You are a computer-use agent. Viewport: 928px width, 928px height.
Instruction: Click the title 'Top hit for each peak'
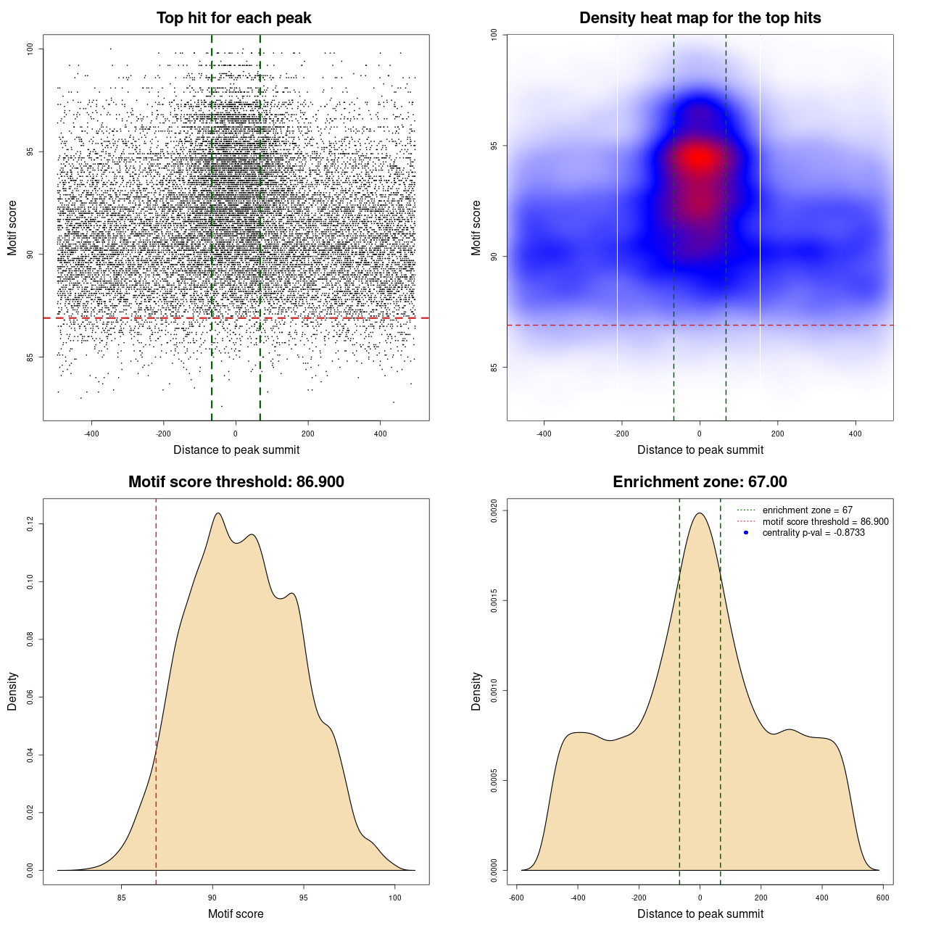[x=233, y=18]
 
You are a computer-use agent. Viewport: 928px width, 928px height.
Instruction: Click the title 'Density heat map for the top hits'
[x=700, y=18]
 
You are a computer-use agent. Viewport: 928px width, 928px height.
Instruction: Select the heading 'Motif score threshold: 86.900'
[x=236, y=482]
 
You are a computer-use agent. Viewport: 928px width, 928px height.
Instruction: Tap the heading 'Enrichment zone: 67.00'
[x=700, y=482]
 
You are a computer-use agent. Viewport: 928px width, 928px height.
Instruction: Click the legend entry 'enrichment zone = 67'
[x=807, y=510]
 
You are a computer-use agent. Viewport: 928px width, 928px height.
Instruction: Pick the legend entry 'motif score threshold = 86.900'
[x=825, y=521]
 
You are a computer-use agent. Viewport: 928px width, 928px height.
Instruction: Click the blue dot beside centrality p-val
[x=746, y=533]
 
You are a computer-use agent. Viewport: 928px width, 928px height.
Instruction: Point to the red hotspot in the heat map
[x=697, y=157]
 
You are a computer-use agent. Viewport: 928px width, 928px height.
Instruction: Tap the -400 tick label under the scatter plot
[x=91, y=434]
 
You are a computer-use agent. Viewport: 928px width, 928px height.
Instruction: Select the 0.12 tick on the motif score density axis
[x=30, y=523]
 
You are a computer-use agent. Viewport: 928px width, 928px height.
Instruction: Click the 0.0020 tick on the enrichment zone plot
[x=494, y=510]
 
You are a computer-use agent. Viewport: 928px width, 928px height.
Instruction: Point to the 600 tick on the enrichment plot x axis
[x=882, y=898]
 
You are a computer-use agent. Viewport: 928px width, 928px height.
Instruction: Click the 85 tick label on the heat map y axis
[x=494, y=367]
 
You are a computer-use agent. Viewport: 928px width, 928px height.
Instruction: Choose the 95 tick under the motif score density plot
[x=303, y=898]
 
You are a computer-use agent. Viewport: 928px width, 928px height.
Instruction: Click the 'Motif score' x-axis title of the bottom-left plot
[x=236, y=913]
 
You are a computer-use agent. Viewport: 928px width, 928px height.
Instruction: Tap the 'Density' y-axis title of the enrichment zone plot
[x=476, y=691]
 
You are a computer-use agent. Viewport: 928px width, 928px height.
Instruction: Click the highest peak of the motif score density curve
[x=217, y=513]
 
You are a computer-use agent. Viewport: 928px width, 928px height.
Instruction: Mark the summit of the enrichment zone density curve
[x=700, y=513]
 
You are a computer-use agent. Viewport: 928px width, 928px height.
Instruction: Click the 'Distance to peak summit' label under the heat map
[x=700, y=449]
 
